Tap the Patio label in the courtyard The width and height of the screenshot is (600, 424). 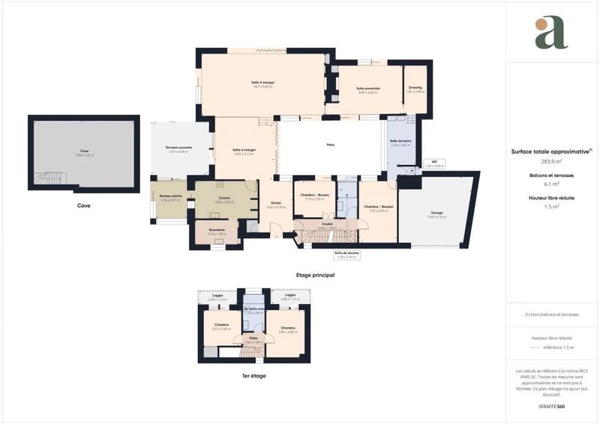pyautogui.click(x=330, y=145)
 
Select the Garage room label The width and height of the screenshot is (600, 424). pyautogui.click(x=436, y=213)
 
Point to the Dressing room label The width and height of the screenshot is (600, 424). pyautogui.click(x=415, y=88)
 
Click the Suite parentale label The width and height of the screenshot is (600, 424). pyautogui.click(x=367, y=88)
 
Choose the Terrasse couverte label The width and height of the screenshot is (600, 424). pyautogui.click(x=178, y=148)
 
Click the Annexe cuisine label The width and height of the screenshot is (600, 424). pyautogui.click(x=170, y=198)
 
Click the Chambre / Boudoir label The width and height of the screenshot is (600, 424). pyautogui.click(x=378, y=206)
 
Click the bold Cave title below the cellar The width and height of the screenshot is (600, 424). pyautogui.click(x=84, y=204)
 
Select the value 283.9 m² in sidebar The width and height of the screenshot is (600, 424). pyautogui.click(x=552, y=161)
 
